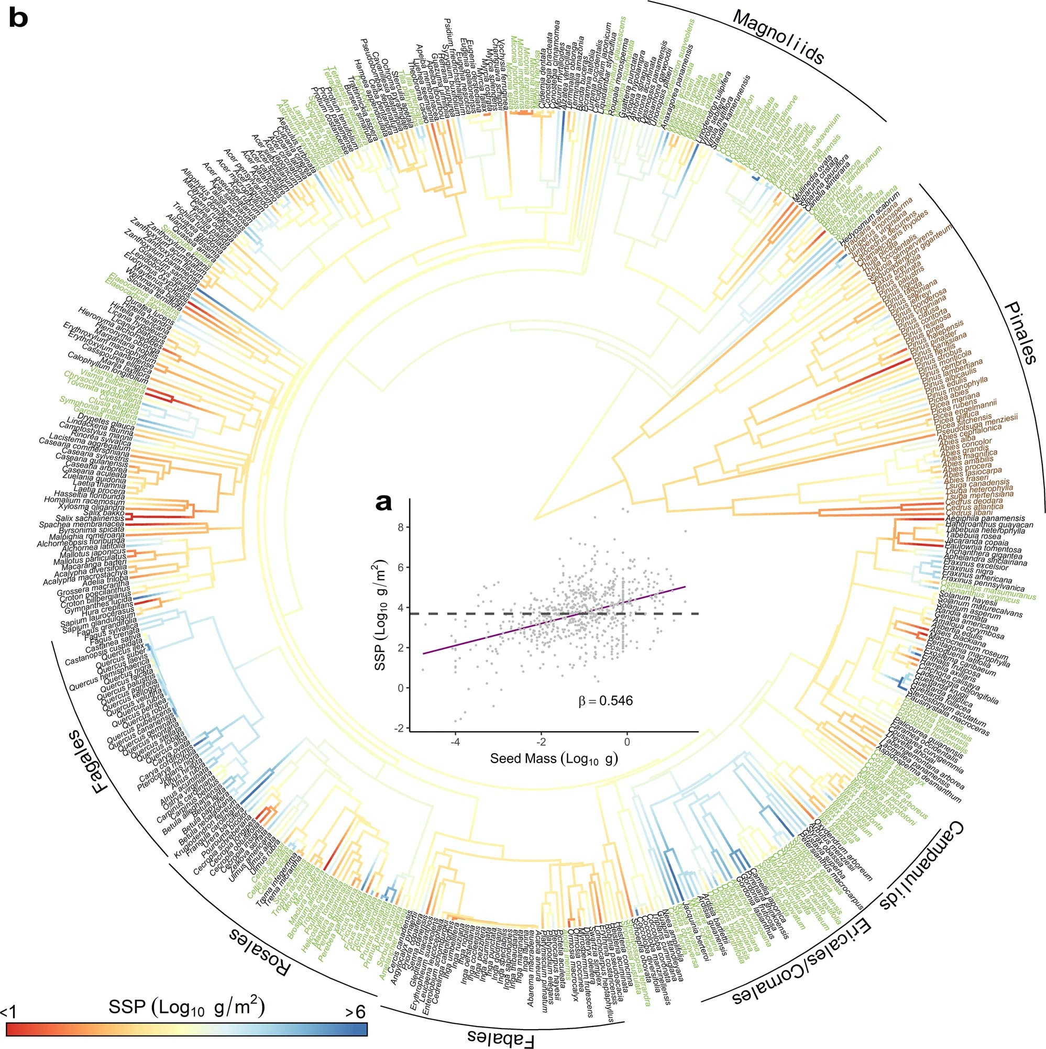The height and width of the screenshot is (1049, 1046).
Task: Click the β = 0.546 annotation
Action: pos(605,701)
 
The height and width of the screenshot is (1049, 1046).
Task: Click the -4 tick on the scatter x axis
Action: pos(455,742)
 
